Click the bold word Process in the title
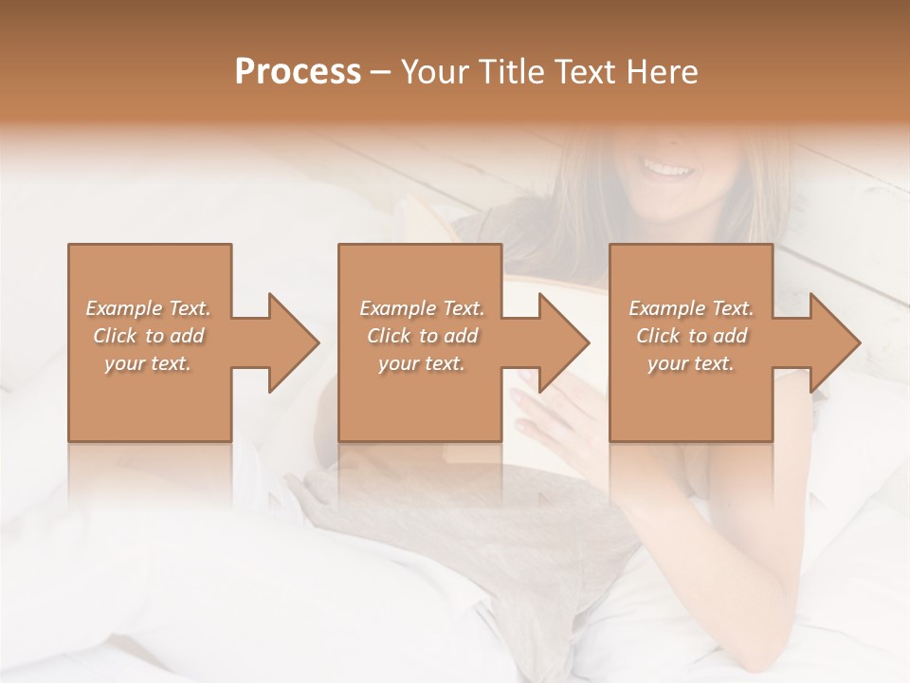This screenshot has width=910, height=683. coord(298,71)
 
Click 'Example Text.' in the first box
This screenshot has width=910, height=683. coord(148,308)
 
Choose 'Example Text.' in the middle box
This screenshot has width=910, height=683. coord(422,308)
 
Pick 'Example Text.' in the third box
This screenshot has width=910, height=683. coord(691,308)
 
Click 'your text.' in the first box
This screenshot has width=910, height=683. coord(148,363)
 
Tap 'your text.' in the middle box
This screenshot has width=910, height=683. coord(422,363)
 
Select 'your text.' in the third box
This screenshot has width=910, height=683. coord(691,363)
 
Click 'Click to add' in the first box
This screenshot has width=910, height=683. coord(148,336)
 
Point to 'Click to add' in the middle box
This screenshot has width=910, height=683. coord(422,336)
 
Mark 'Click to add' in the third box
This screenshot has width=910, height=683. coord(691,336)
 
